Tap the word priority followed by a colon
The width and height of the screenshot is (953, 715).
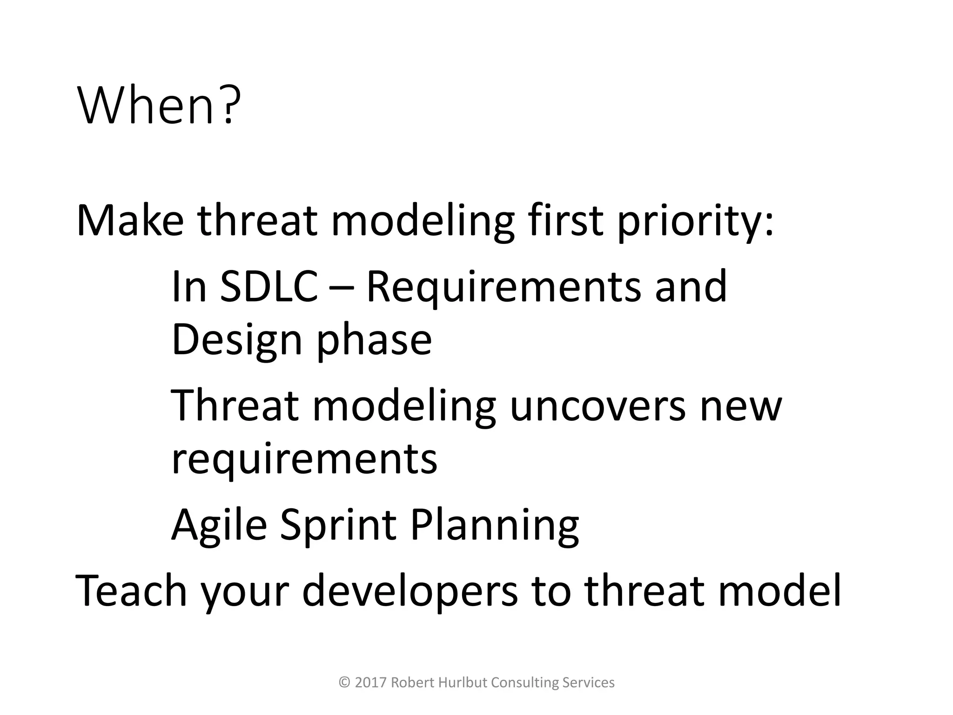click(695, 223)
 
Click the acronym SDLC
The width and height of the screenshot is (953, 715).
click(268, 286)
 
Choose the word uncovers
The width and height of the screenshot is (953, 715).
click(597, 405)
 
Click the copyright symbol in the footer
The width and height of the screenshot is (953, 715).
click(345, 682)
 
